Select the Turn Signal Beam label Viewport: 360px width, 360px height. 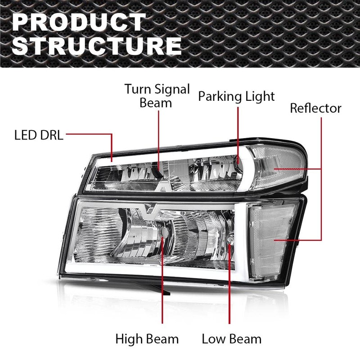(x=157, y=95)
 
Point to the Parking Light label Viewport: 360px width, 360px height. (x=237, y=96)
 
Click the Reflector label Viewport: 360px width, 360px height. (x=315, y=108)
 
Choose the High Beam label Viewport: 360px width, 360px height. (x=147, y=338)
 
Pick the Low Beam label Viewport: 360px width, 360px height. (x=231, y=338)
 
